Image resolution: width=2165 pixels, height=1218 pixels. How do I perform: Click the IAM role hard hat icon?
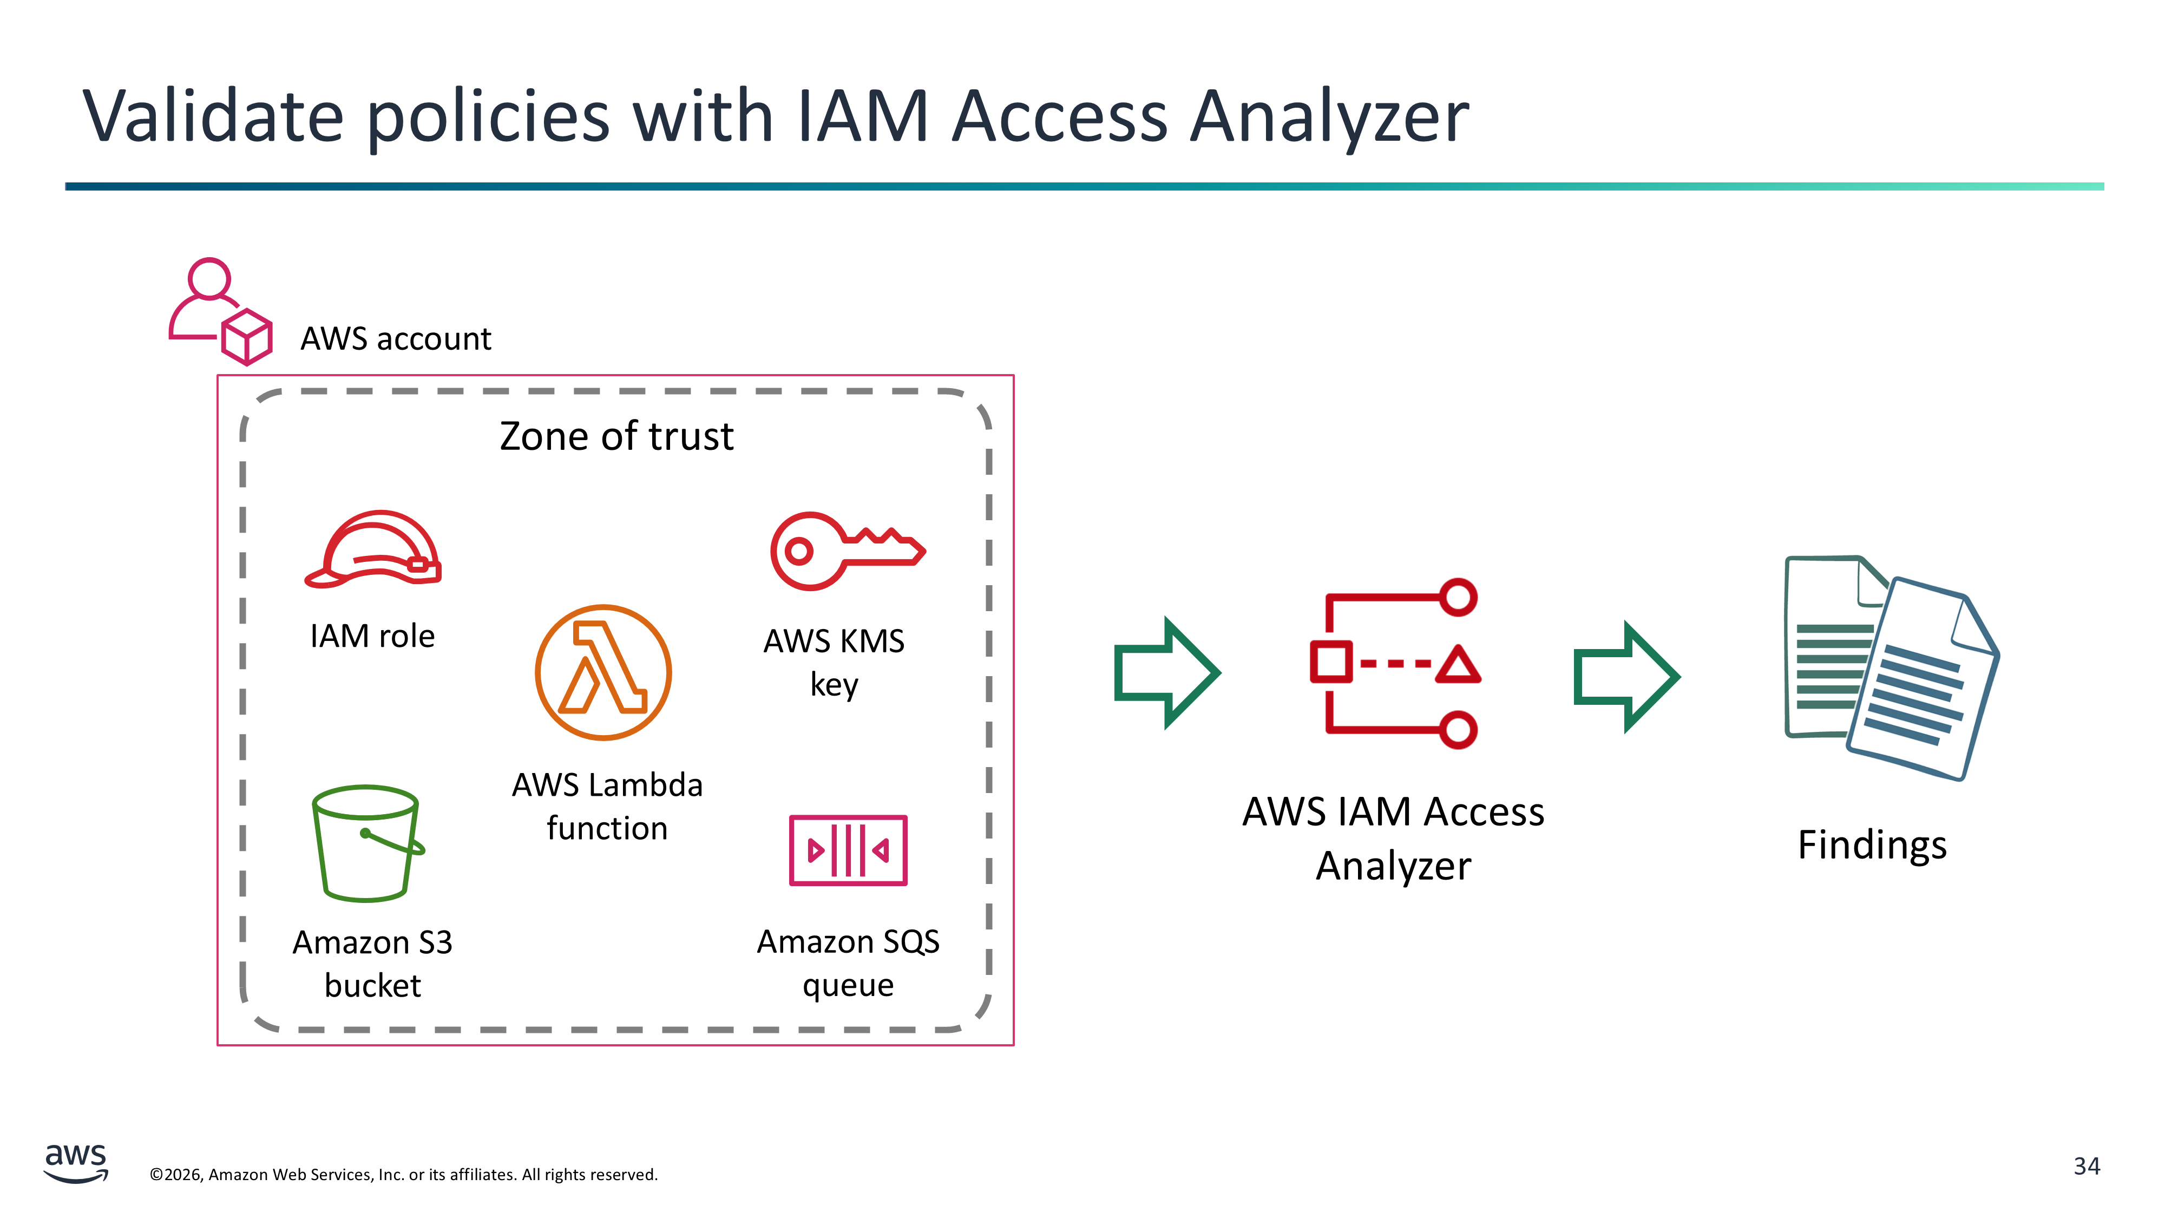372,548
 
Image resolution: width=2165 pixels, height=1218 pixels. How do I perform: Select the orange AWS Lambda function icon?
602,672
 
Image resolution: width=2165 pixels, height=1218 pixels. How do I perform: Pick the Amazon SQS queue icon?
848,850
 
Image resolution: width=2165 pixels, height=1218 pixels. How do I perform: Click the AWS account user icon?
220,311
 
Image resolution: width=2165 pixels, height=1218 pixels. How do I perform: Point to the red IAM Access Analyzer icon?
1395,663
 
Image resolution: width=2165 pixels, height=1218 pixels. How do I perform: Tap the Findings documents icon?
1891,667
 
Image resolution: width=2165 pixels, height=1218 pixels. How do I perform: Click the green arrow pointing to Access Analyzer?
1166,672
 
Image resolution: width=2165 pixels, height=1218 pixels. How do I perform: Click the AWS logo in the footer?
76,1163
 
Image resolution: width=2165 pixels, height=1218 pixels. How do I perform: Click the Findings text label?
1872,845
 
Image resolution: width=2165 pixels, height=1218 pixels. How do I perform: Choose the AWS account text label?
396,339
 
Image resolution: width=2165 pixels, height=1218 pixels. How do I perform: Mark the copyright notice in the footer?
403,1174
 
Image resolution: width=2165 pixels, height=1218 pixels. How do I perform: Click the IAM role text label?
372,636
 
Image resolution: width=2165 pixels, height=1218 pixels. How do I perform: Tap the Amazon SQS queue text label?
848,964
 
